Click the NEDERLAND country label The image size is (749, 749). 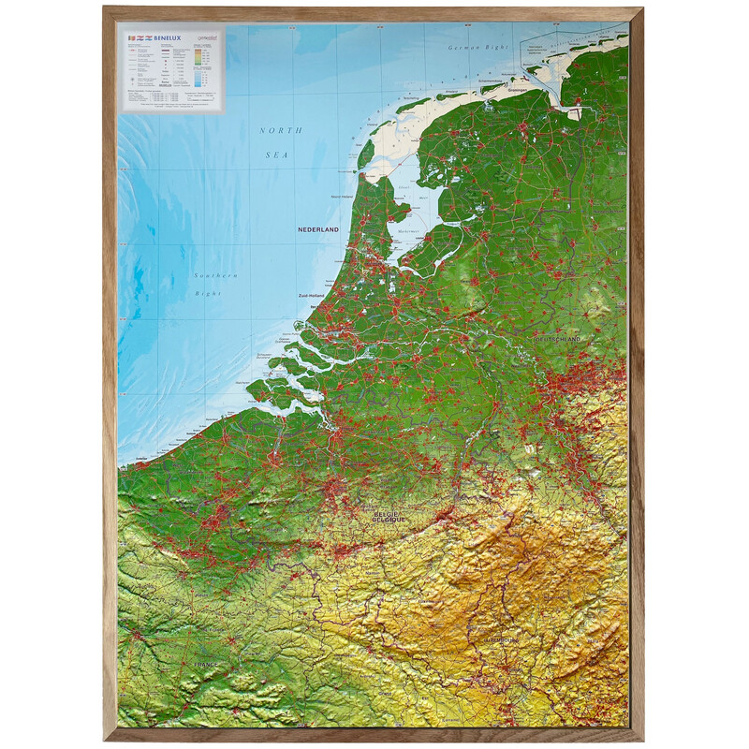317,229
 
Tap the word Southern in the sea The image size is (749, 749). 215,275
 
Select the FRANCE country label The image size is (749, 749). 205,664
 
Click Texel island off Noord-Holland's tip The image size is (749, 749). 366,154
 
